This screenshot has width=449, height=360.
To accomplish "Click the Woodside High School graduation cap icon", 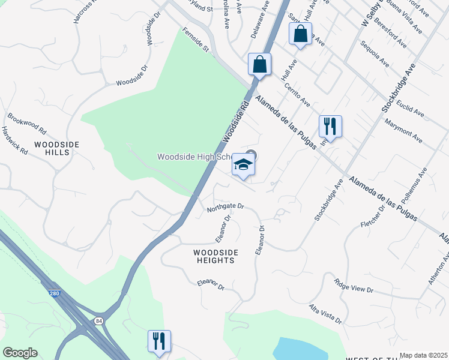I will tap(243, 165).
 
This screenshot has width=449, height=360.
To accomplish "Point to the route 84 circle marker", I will tap(98, 322).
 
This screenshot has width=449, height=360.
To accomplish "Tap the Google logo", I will tap(20, 353).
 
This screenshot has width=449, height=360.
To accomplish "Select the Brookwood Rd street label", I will tap(27, 122).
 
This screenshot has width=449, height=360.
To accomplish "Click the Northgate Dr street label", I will tap(226, 206).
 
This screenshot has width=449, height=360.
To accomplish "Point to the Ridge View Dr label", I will tap(354, 285).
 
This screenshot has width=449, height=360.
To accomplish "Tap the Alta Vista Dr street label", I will tap(325, 313).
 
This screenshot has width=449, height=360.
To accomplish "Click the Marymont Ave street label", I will tap(403, 132).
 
